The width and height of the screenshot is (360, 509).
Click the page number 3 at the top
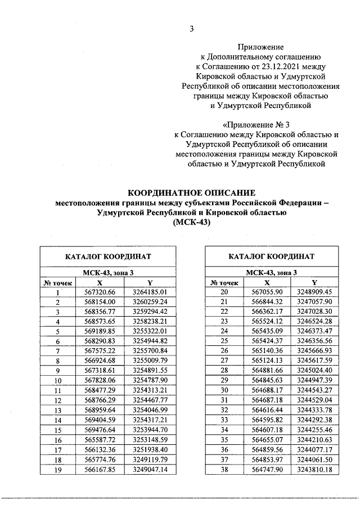pos(191,29)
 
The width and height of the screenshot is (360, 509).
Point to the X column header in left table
pos(100,282)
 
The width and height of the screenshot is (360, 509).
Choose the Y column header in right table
pos(314,282)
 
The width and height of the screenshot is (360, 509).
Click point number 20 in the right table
pos(223,292)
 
